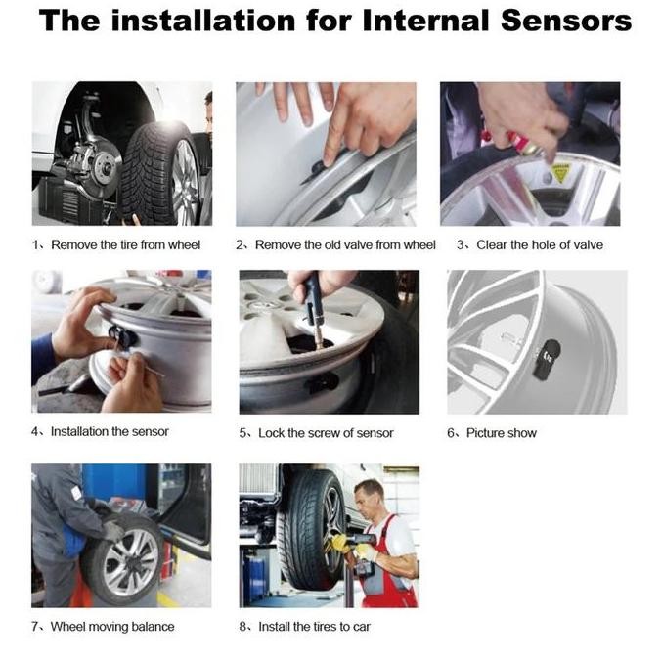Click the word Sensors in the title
coord(556,22)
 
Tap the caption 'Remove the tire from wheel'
coord(124,244)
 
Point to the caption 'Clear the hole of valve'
coord(539,244)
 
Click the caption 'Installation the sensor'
coord(109,431)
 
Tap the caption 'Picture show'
coord(501,433)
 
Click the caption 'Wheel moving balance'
coord(111,626)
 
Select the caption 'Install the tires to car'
coord(314,626)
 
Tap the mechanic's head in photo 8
coord(369,497)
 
